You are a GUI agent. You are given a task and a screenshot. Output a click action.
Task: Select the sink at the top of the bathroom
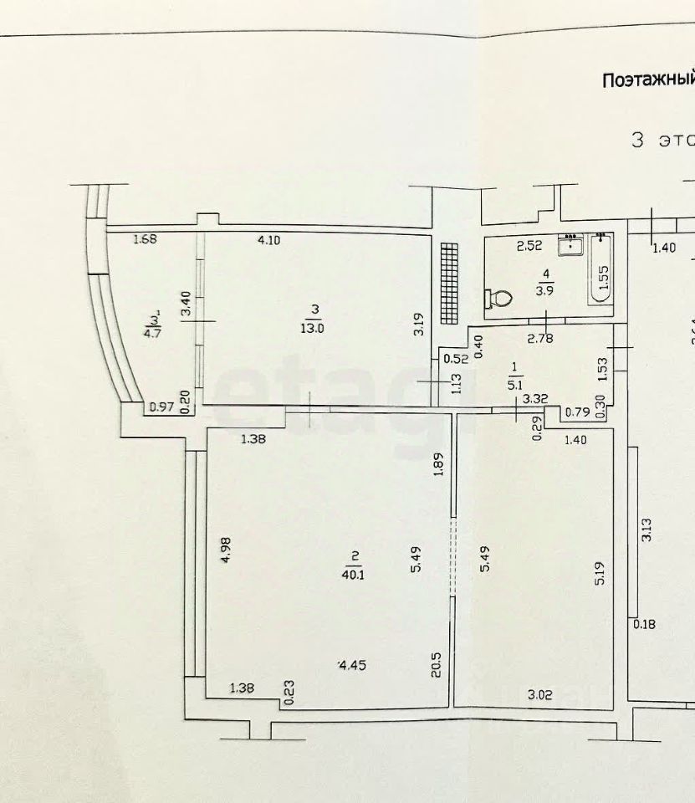coord(573,243)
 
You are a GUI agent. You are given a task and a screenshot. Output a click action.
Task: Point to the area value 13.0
coord(314,328)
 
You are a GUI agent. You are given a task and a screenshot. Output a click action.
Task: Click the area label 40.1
coord(355,573)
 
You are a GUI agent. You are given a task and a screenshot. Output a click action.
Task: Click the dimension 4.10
coord(270,240)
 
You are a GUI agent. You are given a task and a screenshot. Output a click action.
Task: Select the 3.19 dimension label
coord(420,324)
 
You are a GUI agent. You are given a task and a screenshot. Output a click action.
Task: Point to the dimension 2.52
coord(529,245)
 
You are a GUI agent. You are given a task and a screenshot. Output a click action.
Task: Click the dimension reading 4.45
coord(353,665)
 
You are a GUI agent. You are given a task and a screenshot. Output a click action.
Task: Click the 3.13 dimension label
coord(646,531)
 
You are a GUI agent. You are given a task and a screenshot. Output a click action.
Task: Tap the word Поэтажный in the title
coord(649,79)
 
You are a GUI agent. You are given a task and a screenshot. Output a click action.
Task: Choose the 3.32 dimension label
coord(535,399)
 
